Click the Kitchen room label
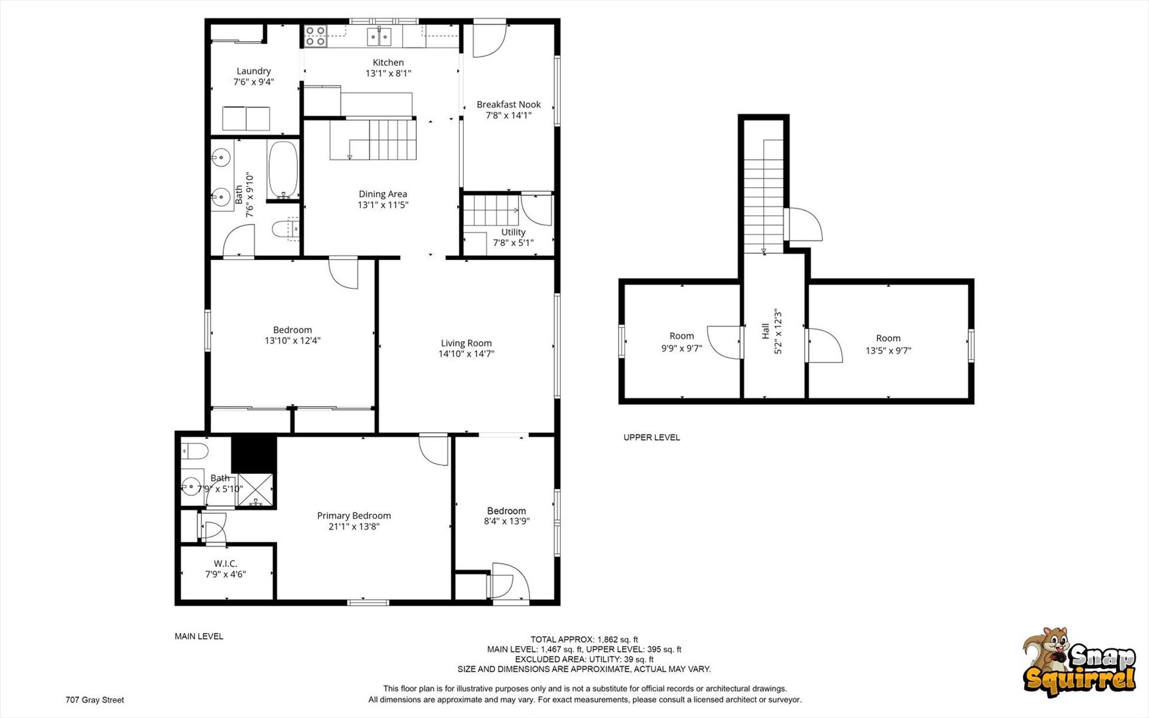click(388, 62)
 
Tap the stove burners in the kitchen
click(315, 36)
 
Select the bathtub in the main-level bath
click(283, 170)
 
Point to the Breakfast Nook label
click(508, 104)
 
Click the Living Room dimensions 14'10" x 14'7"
click(466, 354)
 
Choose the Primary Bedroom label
click(354, 515)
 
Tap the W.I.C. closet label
click(225, 563)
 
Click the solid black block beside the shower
click(254, 453)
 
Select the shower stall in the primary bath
click(256, 491)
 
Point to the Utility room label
click(513, 232)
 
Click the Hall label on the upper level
click(766, 331)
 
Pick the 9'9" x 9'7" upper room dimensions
click(681, 348)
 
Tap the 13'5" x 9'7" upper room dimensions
click(888, 350)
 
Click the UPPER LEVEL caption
click(651, 437)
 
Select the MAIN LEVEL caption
click(199, 636)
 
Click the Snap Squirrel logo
click(1079, 662)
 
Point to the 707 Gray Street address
click(94, 699)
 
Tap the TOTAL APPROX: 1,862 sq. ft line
click(584, 640)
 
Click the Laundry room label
click(254, 71)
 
